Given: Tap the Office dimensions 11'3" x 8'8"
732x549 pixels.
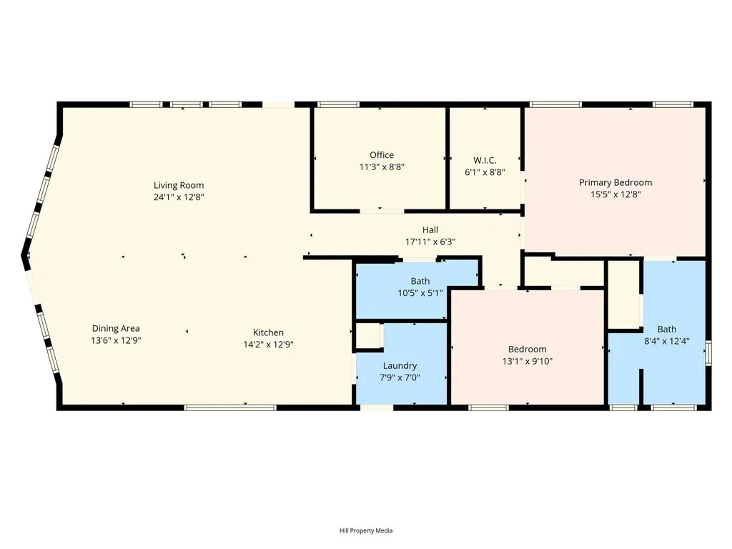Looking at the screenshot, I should tap(382, 167).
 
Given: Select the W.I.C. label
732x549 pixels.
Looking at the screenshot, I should tap(485, 160).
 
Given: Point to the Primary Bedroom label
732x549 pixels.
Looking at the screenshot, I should tap(615, 182).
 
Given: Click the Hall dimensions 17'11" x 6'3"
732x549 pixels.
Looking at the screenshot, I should tap(430, 242).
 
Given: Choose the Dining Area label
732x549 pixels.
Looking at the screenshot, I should tap(116, 329).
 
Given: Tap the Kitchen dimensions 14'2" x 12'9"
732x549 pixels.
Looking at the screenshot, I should tap(269, 344).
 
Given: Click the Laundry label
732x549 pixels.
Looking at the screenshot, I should tap(400, 366).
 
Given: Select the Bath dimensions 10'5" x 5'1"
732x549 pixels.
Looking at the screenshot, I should tap(420, 292).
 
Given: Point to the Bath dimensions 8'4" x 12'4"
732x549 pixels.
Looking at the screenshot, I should tap(667, 341).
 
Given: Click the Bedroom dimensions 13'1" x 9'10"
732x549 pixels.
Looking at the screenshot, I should tap(527, 362).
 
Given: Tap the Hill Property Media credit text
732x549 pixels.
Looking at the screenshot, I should tap(366, 530).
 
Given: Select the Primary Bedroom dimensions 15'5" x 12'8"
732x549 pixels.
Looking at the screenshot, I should tap(615, 194).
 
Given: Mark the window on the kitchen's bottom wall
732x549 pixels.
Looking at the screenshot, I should tap(230, 407).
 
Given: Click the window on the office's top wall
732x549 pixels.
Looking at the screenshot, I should tap(338, 104).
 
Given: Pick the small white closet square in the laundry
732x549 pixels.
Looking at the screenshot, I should tap(369, 336).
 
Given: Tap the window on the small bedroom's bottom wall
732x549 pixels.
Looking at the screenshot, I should tap(488, 407).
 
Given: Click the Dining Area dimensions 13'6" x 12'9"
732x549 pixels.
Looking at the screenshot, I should tap(116, 341).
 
